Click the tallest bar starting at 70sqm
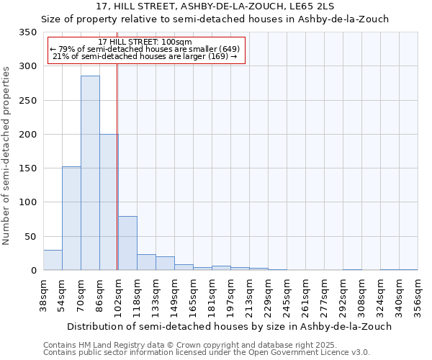90,173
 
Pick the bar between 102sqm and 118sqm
127,243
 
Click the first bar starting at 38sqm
53,260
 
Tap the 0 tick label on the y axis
33,271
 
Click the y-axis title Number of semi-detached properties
6,155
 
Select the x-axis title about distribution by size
217,326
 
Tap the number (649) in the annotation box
225,49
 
